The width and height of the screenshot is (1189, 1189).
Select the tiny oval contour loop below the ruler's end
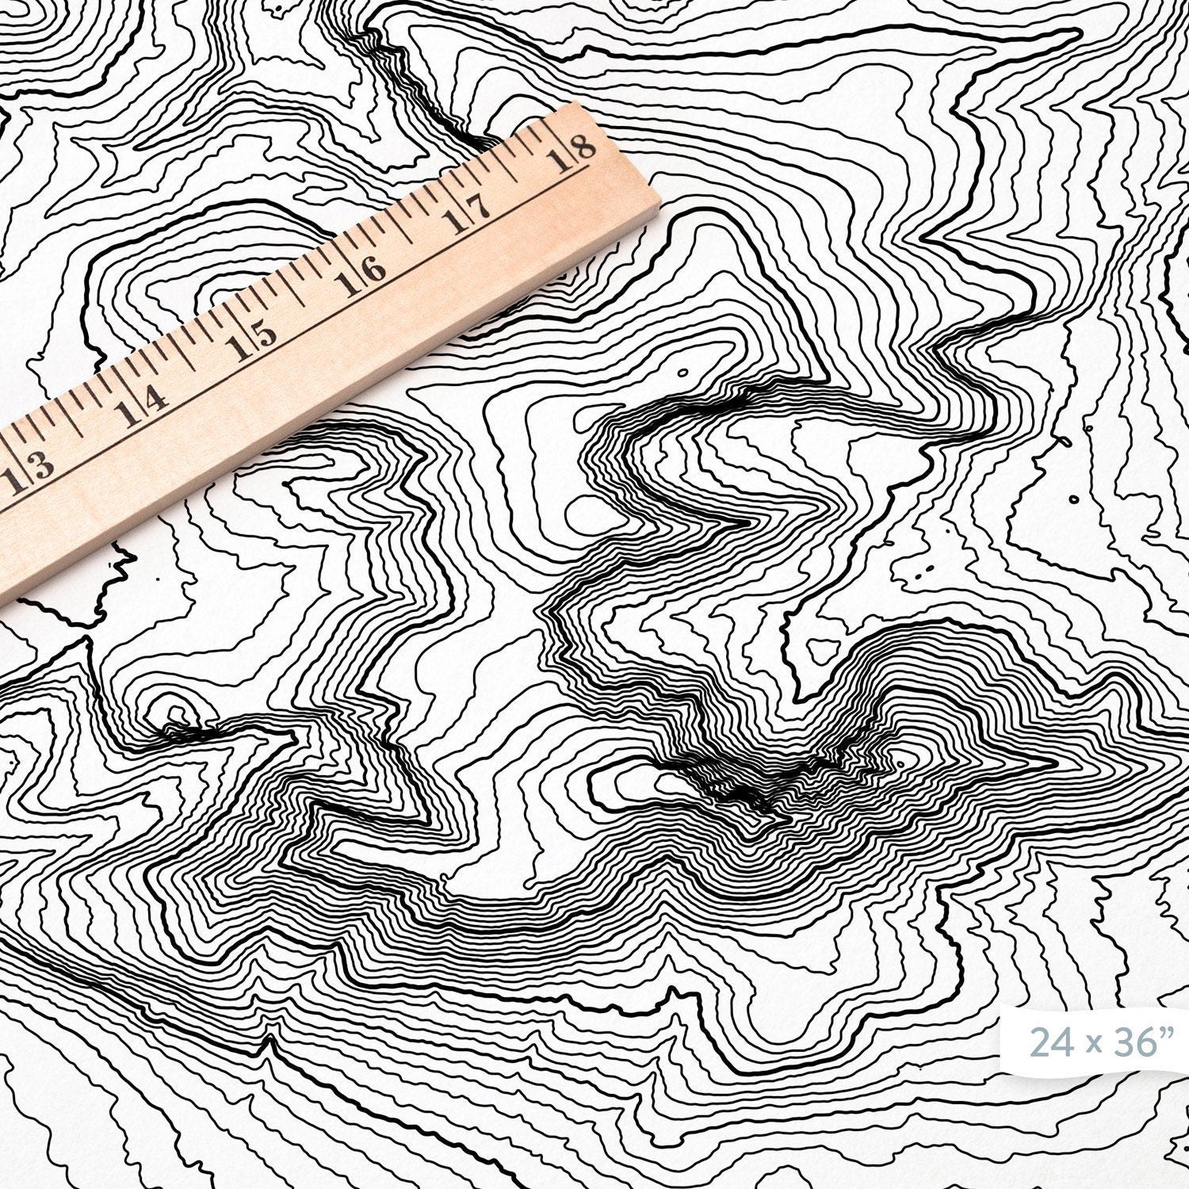681,371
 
